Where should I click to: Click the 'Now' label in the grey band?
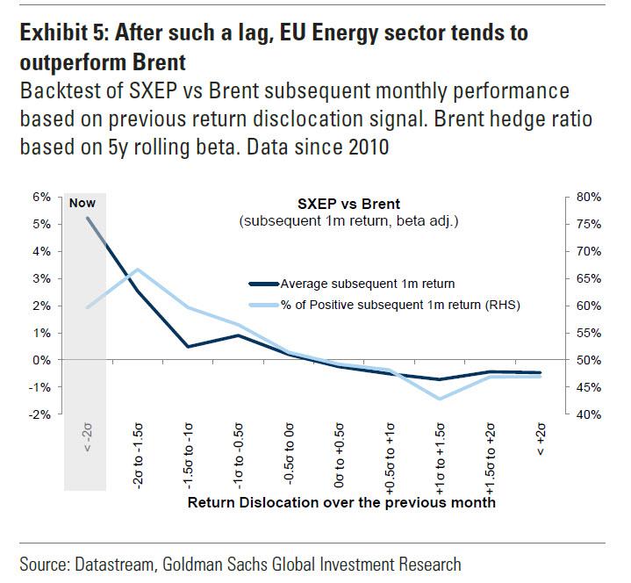point(82,203)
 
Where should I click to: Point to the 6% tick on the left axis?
point(42,198)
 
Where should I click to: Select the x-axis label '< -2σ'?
point(85,437)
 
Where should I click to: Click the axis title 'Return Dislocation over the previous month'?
point(341,502)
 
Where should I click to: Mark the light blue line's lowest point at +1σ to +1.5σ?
point(440,399)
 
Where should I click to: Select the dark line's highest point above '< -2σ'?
point(86,218)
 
